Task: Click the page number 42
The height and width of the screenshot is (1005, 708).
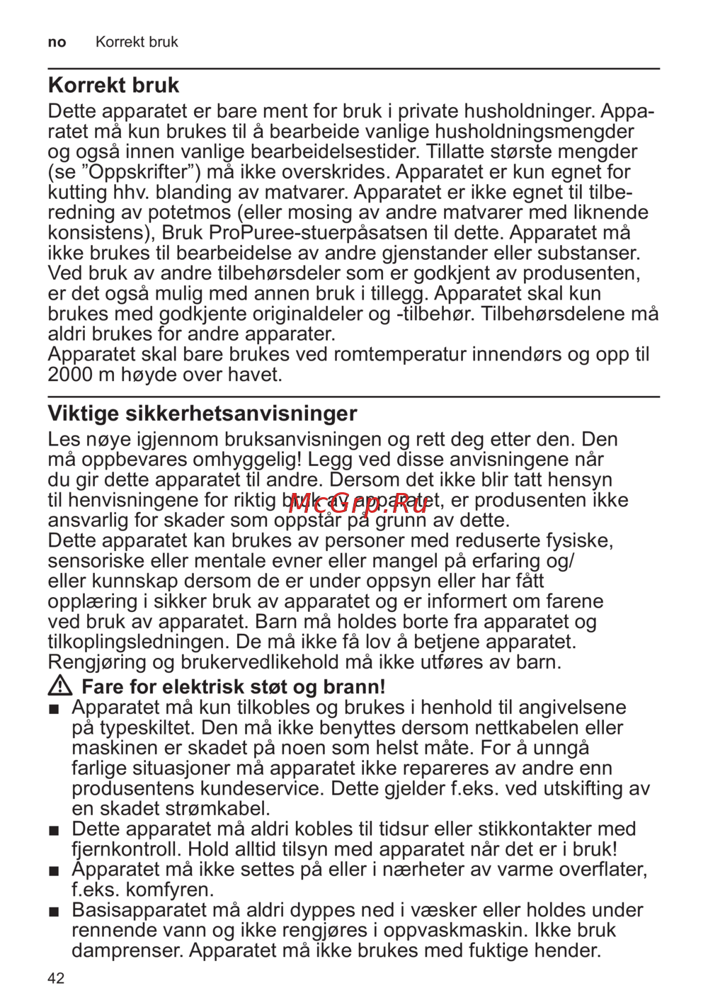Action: click(x=56, y=978)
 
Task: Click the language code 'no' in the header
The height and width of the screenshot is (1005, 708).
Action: click(x=57, y=42)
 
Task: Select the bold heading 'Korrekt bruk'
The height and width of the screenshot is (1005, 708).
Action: click(x=113, y=86)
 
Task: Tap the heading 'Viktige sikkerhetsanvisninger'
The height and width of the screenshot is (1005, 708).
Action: click(x=202, y=414)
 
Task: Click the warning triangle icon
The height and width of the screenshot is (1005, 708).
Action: click(x=60, y=686)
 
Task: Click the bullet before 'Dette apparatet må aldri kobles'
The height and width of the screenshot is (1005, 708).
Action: click(x=54, y=830)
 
